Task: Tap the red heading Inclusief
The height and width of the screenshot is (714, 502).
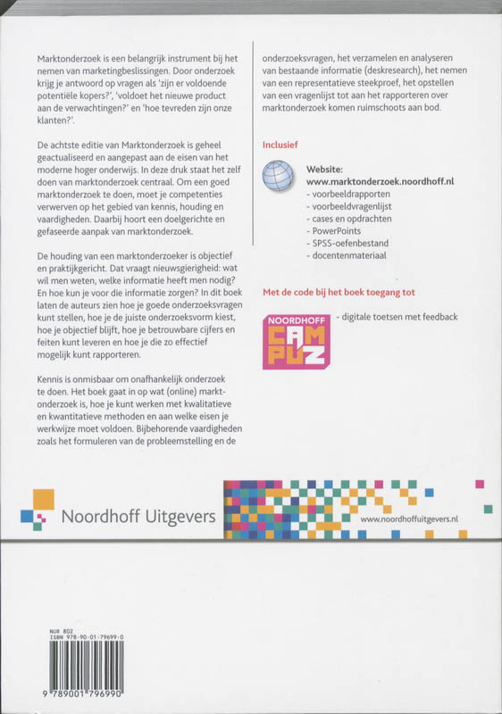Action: coord(281,143)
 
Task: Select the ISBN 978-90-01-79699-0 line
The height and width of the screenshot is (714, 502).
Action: coord(79,636)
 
